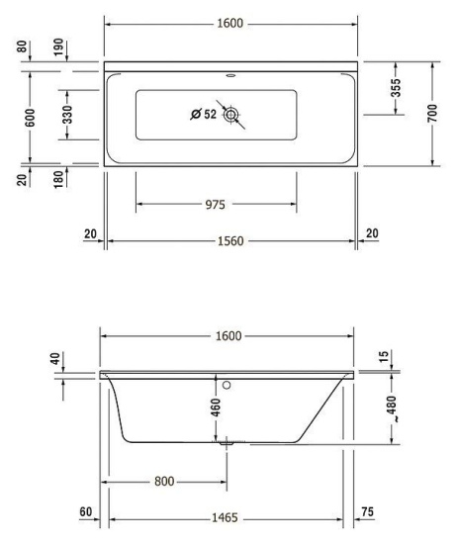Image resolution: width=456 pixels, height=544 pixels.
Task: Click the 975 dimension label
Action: click(216, 205)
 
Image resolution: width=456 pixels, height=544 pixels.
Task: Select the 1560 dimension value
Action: click(230, 240)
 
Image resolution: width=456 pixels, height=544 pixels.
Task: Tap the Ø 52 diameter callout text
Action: click(204, 114)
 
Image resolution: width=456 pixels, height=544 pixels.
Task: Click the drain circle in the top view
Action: click(230, 115)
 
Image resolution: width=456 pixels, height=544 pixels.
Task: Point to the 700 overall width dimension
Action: click(432, 113)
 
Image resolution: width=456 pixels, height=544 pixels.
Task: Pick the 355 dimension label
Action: click(396, 88)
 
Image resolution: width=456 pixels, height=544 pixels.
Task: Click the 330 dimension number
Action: click(67, 115)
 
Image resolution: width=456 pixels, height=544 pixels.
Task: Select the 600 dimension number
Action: click(31, 118)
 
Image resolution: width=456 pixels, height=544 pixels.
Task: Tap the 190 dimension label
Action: click(59, 46)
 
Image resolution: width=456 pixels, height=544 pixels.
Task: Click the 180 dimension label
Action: click(59, 179)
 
